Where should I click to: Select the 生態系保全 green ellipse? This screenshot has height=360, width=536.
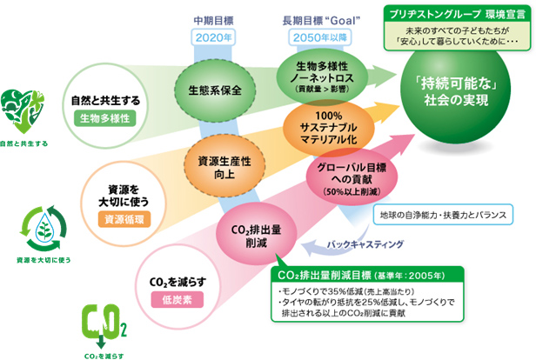point(214,89)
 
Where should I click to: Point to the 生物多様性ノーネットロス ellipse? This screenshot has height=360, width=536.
point(326,76)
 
